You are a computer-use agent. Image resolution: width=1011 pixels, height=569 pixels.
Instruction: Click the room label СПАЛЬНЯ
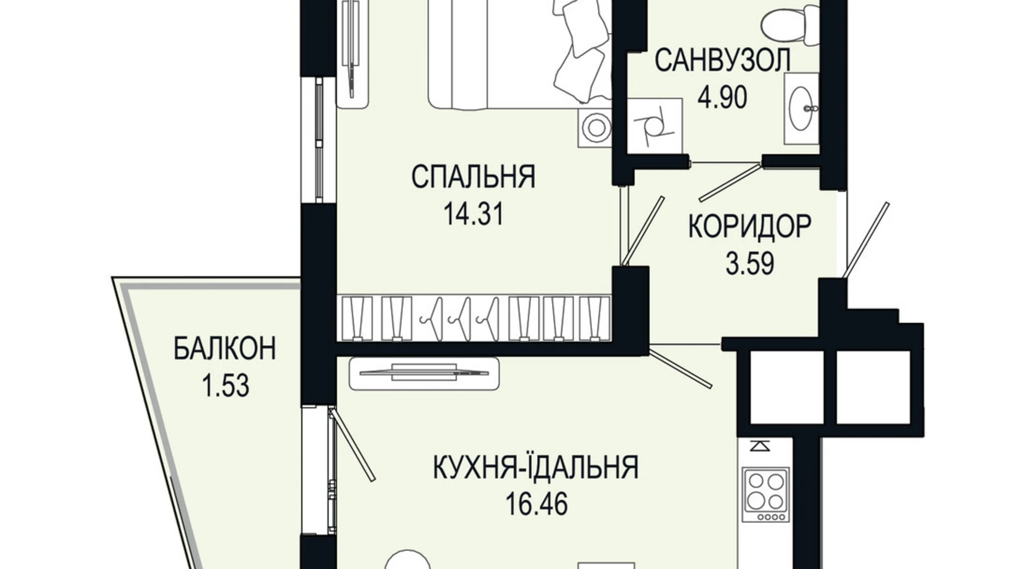pos(473,177)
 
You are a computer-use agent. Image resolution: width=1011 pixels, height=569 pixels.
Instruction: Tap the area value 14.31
pos(473,214)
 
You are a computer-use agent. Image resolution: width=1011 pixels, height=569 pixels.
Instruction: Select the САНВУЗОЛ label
pos(722,60)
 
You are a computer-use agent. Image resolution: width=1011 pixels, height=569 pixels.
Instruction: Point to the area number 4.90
pos(722,98)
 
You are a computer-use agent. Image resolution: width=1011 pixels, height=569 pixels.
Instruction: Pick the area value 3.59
pos(749,264)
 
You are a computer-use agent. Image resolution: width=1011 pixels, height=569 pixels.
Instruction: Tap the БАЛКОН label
pos(225,349)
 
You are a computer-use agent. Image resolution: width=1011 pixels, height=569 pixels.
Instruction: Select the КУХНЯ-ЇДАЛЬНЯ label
pos(536,468)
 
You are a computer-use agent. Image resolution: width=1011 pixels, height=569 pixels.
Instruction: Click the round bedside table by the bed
pos(594,127)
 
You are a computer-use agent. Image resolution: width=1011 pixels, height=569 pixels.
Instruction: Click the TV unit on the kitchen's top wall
pos(424,373)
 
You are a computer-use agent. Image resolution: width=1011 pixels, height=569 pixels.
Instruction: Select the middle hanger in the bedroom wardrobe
pos(458,318)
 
